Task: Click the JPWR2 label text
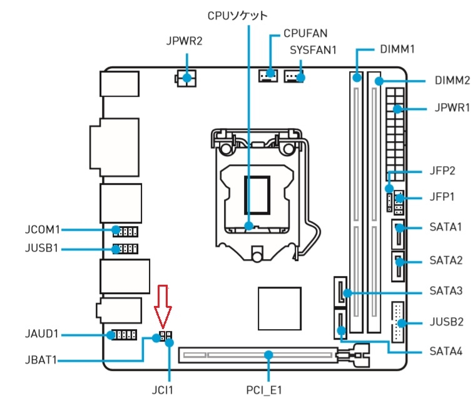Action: coord(185,42)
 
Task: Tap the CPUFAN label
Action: coord(305,32)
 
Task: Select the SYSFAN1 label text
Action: coord(313,49)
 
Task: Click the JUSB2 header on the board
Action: coord(397,322)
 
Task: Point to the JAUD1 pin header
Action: coord(123,335)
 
